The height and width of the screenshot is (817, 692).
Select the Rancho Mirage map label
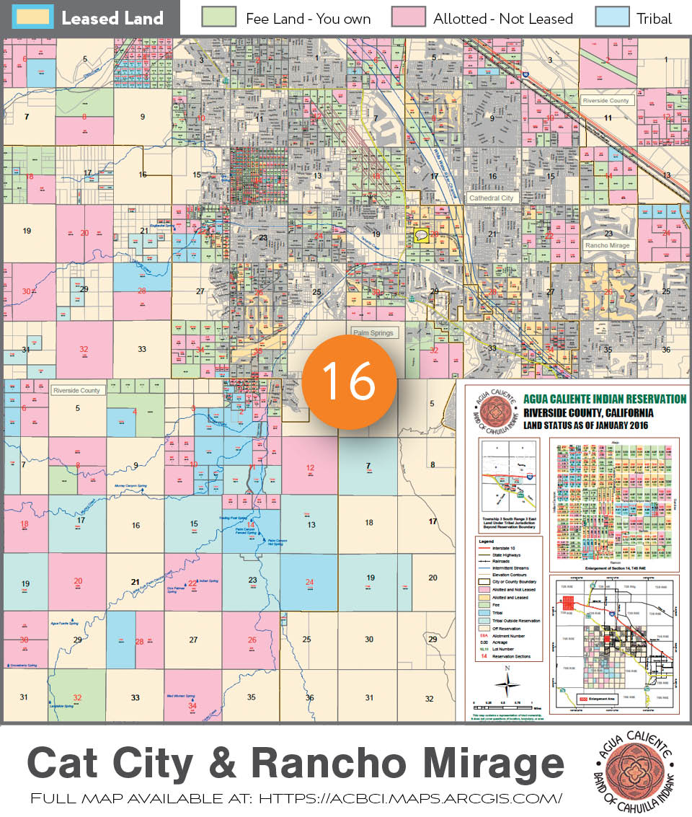pyautogui.click(x=608, y=245)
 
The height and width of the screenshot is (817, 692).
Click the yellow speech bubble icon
pyautogui.click(x=422, y=234)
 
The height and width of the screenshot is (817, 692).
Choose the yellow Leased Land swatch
pyautogui.click(x=32, y=17)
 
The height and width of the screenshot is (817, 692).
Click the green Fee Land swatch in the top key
pyautogui.click(x=219, y=17)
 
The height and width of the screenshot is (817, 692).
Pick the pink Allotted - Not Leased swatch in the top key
pyautogui.click(x=407, y=17)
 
